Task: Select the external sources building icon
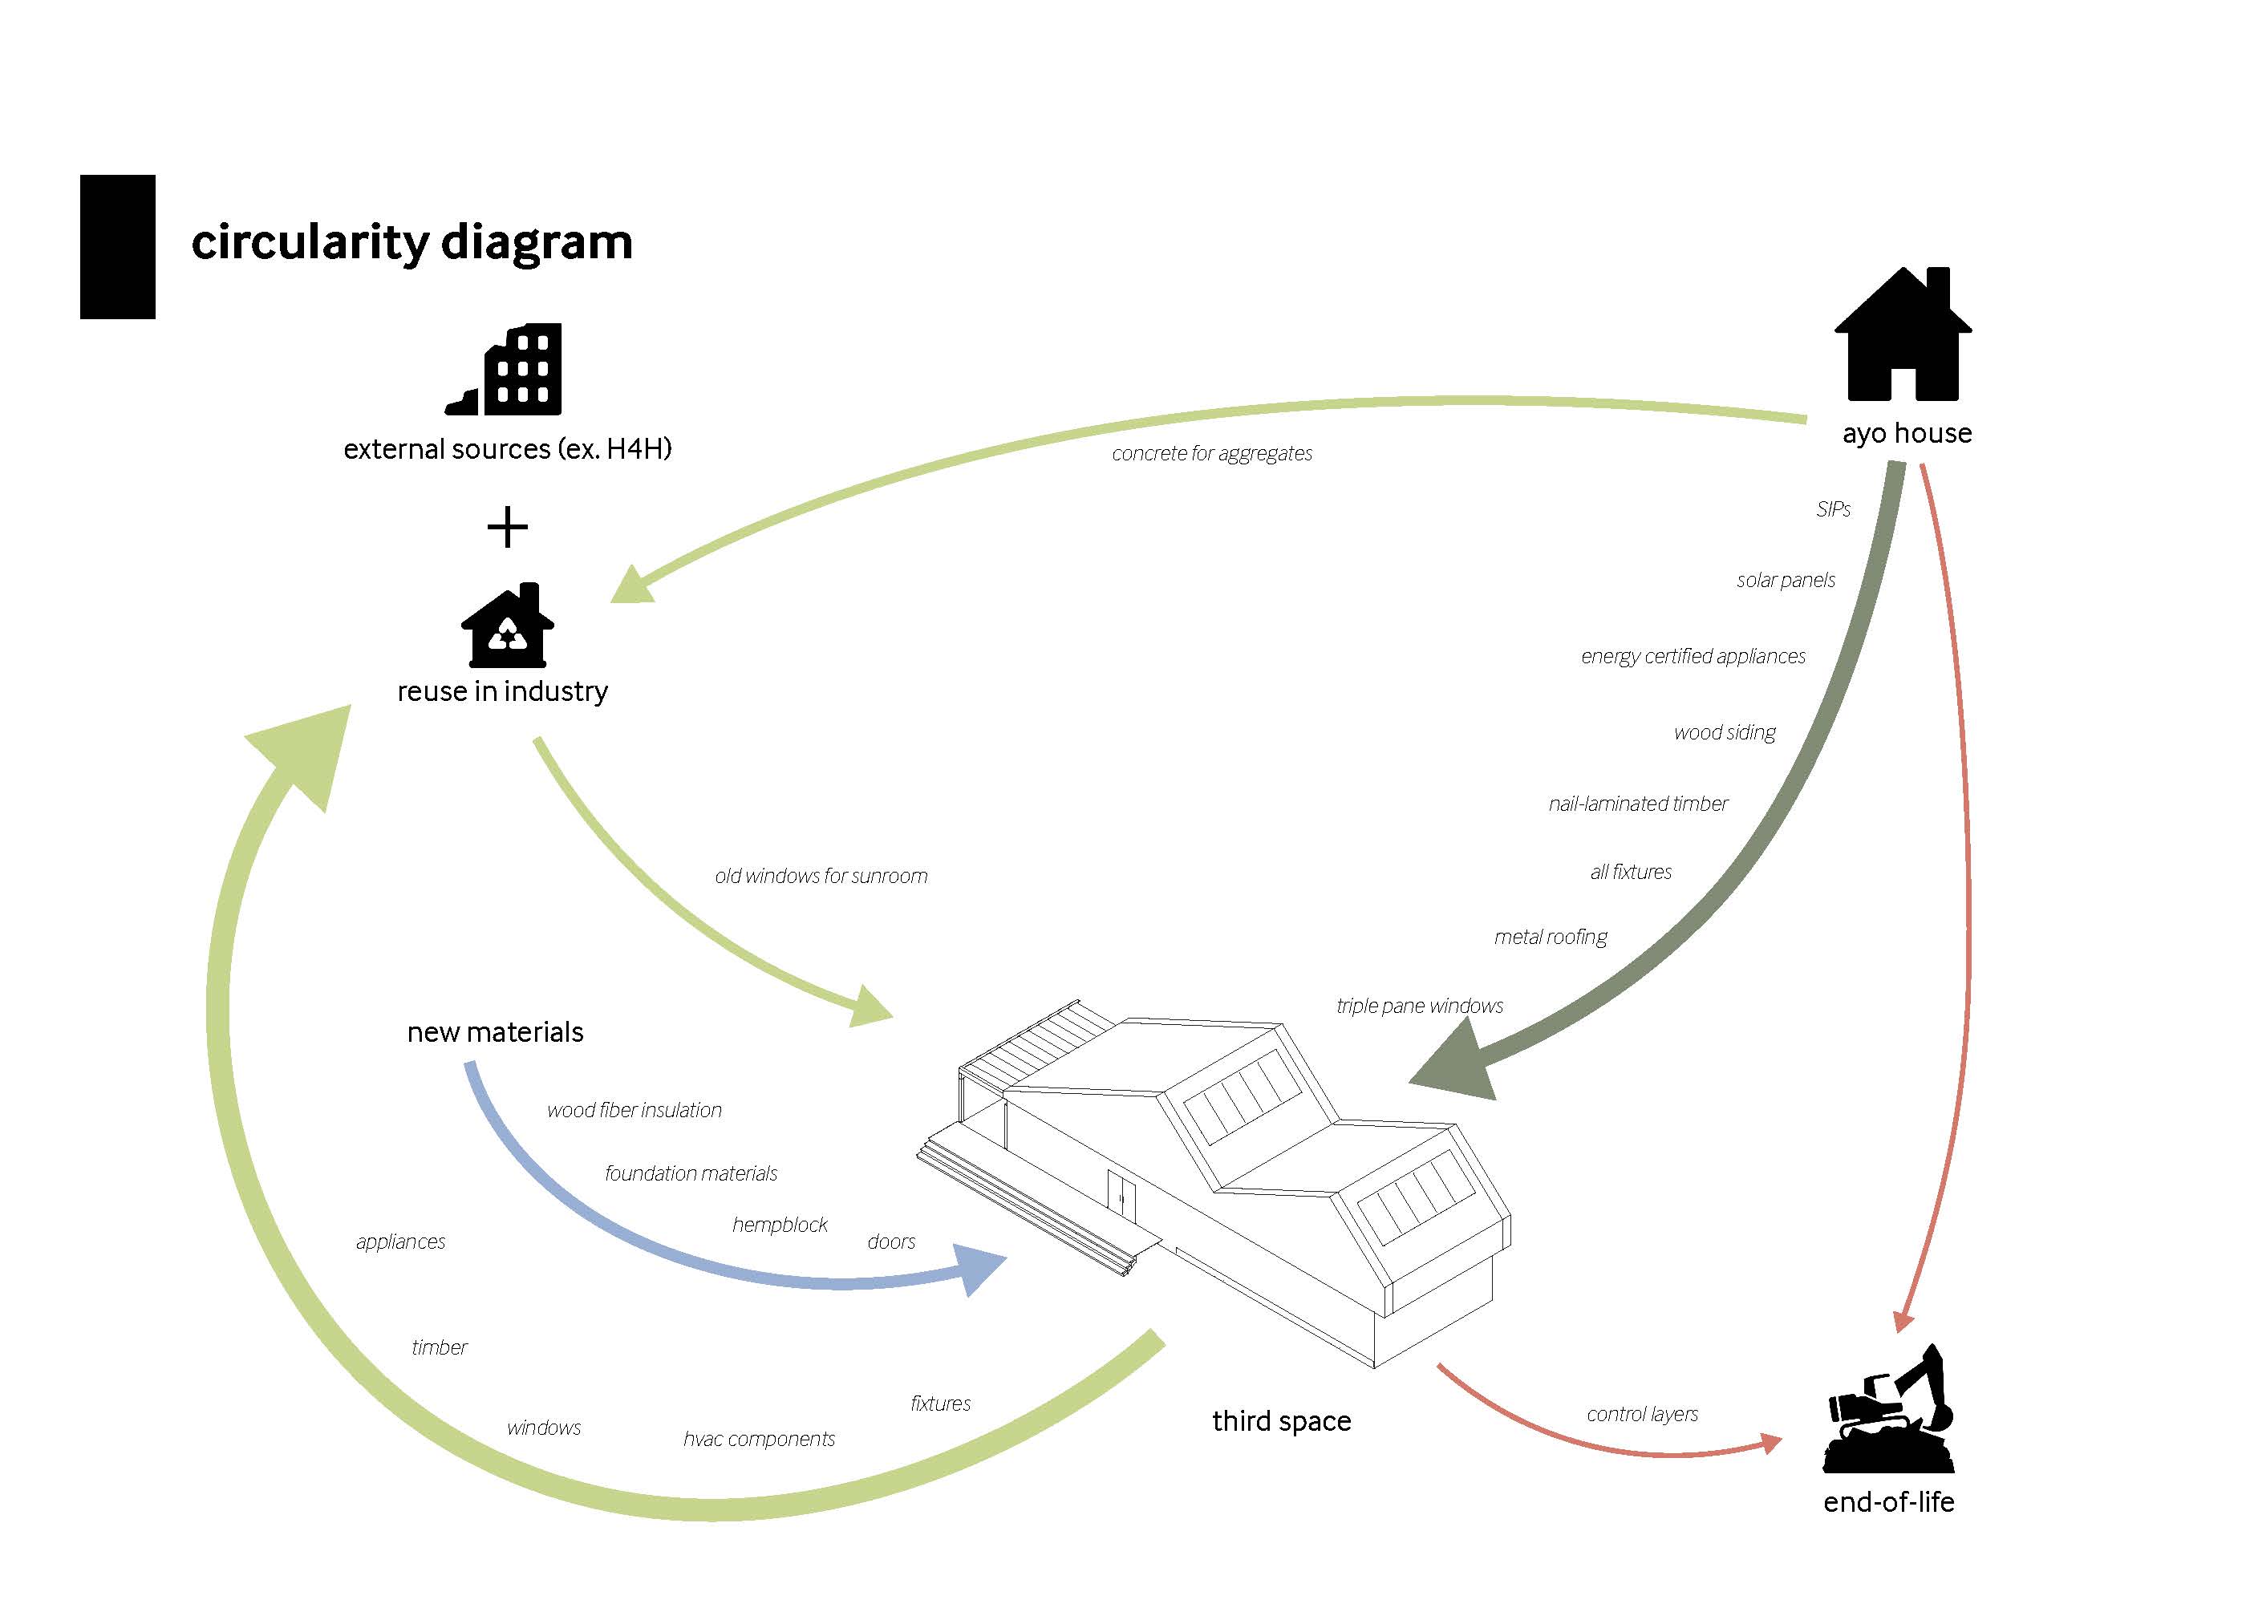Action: click(x=505, y=370)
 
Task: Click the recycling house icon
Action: click(x=507, y=626)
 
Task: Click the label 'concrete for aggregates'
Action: click(x=1212, y=453)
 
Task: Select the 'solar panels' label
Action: click(x=1785, y=580)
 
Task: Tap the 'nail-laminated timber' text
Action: click(x=1638, y=804)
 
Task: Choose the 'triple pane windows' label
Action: click(x=1419, y=1006)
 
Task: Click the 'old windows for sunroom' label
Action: click(x=821, y=876)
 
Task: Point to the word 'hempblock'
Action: click(x=780, y=1225)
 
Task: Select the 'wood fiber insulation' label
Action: click(x=634, y=1110)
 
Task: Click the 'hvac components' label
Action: click(x=759, y=1439)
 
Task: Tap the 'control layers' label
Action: click(x=1643, y=1415)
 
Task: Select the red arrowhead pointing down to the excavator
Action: click(x=1903, y=1322)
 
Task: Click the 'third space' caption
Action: click(x=1281, y=1421)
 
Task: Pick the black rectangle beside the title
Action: click(x=118, y=247)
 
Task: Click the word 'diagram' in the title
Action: click(x=537, y=243)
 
